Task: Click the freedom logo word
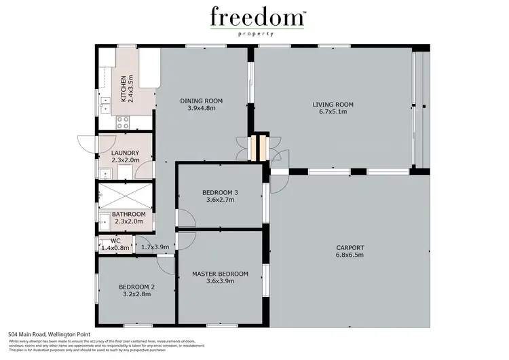(257, 16)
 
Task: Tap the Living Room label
(333, 105)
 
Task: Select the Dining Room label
(201, 101)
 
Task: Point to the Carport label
(350, 247)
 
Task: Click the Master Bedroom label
(220, 274)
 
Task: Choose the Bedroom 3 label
(220, 193)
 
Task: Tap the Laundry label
(125, 153)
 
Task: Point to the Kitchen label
(124, 88)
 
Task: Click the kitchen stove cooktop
(124, 123)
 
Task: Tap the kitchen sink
(106, 104)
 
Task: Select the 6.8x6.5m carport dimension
(350, 255)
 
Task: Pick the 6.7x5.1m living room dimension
(333, 112)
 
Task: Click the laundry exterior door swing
(87, 144)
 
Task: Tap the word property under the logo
(257, 33)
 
